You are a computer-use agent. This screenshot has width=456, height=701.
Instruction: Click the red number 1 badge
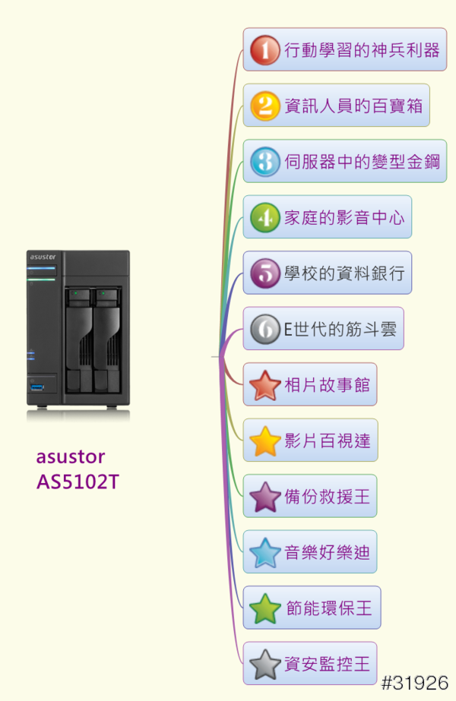point(265,51)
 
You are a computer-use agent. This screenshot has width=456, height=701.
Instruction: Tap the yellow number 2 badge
point(265,106)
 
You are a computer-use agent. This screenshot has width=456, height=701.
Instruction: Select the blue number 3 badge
point(265,162)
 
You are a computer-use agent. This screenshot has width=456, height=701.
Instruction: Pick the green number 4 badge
point(265,218)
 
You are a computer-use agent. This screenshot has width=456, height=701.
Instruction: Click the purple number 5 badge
point(265,273)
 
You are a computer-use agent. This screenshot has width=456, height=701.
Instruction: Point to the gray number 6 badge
point(265,329)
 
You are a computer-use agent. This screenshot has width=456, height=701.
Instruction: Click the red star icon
point(265,385)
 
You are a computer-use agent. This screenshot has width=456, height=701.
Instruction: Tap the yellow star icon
point(265,440)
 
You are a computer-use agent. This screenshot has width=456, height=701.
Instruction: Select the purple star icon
point(265,497)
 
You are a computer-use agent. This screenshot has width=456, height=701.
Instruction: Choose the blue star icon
point(265,552)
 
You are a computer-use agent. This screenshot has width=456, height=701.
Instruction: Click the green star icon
point(265,608)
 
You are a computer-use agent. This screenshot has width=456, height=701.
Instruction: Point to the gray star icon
point(265,664)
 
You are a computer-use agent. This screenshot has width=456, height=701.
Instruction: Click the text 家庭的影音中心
point(344,218)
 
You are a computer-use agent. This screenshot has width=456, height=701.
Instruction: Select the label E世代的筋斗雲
point(340,329)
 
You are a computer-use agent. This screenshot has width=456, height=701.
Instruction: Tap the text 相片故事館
point(327,385)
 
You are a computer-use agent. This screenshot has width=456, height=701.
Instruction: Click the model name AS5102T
point(78,482)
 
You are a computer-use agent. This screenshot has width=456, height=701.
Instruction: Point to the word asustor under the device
point(71,457)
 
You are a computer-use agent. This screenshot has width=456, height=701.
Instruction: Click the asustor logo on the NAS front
point(42,257)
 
